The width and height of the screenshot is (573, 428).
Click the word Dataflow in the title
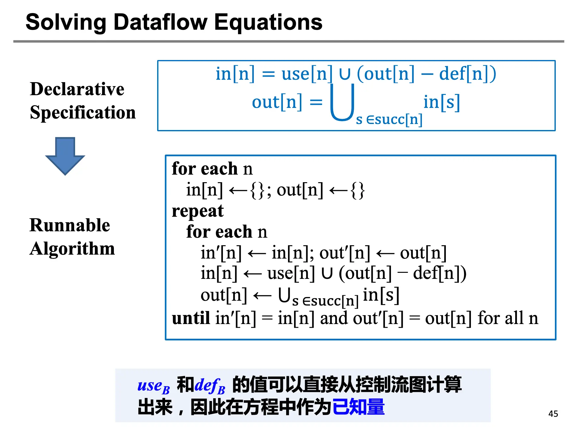(x=161, y=22)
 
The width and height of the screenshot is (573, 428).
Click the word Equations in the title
(x=268, y=23)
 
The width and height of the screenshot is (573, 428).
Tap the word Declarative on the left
(x=77, y=89)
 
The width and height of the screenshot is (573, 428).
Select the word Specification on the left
(x=83, y=113)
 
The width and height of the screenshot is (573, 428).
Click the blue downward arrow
(x=65, y=156)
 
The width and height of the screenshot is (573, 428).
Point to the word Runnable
(x=70, y=225)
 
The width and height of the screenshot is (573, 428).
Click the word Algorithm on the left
(x=72, y=249)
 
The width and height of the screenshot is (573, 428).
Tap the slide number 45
(x=553, y=414)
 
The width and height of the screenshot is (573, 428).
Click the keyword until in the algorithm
(x=191, y=318)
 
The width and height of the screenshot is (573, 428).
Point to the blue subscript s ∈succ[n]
(x=389, y=119)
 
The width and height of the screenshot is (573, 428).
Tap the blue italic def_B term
(x=210, y=386)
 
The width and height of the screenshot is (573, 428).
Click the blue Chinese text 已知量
(x=359, y=407)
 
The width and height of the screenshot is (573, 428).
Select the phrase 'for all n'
(x=508, y=318)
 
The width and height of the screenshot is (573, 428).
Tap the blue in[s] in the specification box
(x=442, y=102)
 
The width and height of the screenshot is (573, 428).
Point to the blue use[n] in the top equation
(x=307, y=74)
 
